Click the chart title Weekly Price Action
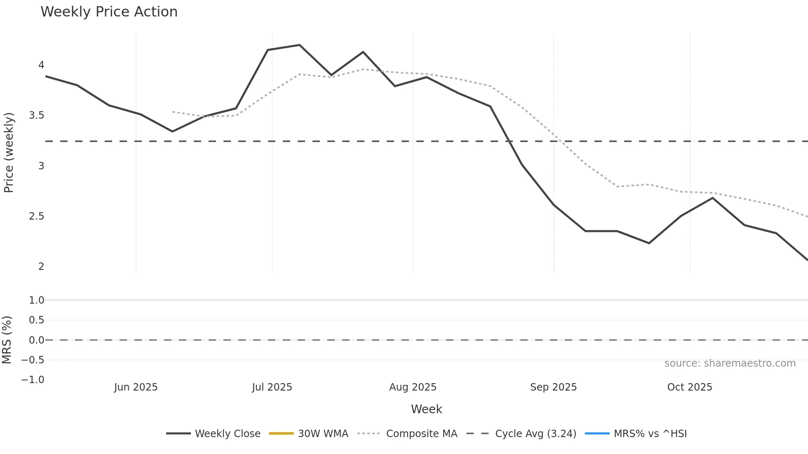coord(109,12)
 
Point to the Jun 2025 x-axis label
coord(136,387)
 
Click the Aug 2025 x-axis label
coord(413,387)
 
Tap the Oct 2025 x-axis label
coord(690,387)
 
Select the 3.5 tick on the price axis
coord(36,115)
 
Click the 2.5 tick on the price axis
coord(36,216)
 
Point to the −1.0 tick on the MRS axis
coord(33,380)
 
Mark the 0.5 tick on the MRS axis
coord(36,320)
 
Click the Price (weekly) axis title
coord(9,152)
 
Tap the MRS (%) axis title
coord(7,340)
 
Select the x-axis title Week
coord(426,409)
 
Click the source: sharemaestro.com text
coord(730,363)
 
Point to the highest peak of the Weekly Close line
coord(300,45)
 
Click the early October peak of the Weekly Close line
coord(712,198)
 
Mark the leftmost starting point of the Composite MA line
coord(173,112)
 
